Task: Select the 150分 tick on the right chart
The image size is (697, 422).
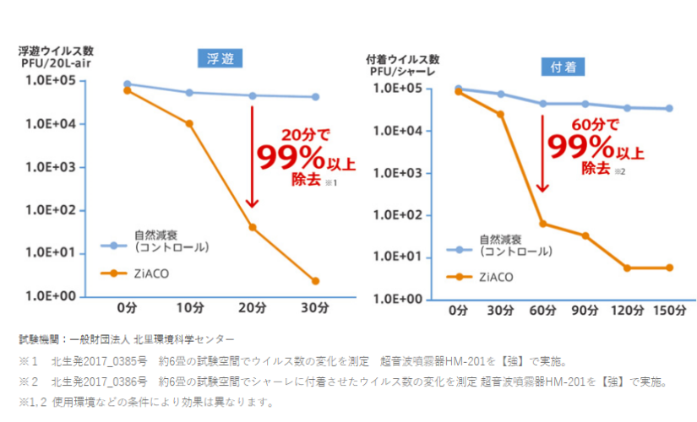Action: [668, 311]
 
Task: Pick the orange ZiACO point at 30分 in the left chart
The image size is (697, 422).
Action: [315, 281]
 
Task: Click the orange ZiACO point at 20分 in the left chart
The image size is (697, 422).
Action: [252, 227]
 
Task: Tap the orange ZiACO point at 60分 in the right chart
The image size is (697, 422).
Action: [543, 224]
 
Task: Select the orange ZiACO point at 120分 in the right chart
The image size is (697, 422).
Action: [627, 268]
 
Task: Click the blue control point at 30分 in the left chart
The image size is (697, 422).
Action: [315, 97]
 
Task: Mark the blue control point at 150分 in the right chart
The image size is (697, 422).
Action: [668, 108]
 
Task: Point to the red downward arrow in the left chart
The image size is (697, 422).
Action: [251, 152]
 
